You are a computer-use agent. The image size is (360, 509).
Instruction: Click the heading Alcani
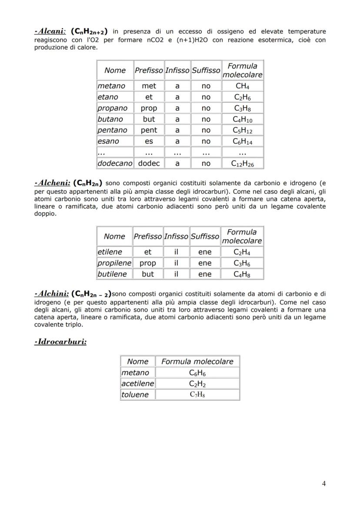pos(50,31)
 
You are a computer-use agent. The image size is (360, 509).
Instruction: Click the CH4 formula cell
pos(242,86)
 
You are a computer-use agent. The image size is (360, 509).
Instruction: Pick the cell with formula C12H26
pos(242,163)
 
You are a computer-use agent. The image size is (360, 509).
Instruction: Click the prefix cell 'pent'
pos(149,130)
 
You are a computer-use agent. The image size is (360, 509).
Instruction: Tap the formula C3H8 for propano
pos(242,108)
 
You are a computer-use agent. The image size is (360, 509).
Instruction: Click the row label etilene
pos(110,252)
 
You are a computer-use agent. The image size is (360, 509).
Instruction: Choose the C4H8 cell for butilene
pos(242,274)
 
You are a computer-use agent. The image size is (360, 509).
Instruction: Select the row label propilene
pos(114,263)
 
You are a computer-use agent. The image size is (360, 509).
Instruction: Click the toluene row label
pos(135,395)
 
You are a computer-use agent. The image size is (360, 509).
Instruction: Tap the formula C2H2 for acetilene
pos(197,384)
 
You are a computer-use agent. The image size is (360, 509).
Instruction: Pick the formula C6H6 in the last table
pos(197,373)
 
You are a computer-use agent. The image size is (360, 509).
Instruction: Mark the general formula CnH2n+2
pos(89,32)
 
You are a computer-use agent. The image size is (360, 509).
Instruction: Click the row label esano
pos(108,141)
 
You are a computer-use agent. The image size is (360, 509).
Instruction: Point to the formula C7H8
pos(197,395)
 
